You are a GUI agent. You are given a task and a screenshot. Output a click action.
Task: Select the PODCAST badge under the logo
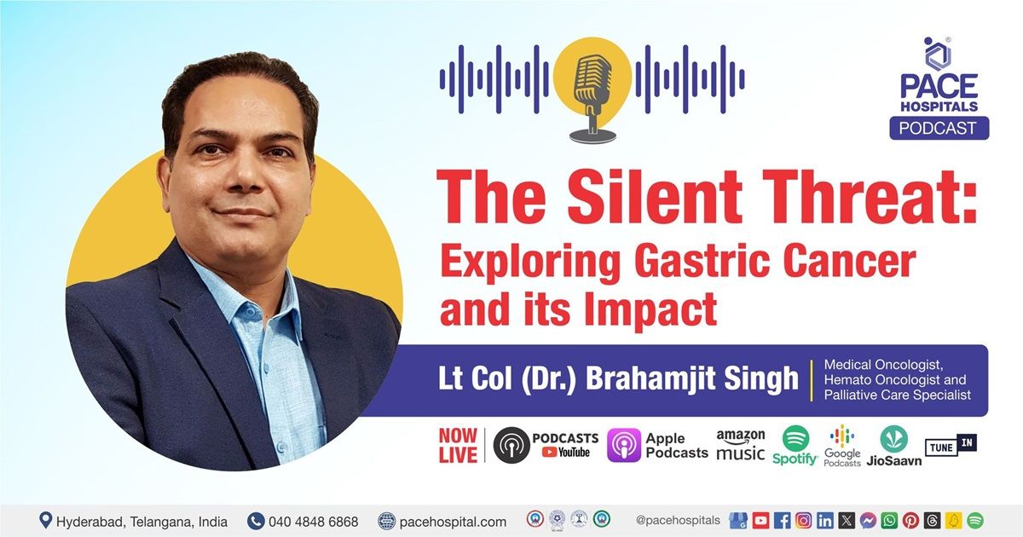pos(939,128)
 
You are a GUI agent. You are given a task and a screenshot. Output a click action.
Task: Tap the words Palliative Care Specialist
pos(897,396)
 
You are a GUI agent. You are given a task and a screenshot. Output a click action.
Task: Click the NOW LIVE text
pos(458,445)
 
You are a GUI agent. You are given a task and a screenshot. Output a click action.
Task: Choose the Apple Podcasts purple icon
pos(623,446)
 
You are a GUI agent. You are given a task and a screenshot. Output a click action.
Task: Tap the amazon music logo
pos(740,445)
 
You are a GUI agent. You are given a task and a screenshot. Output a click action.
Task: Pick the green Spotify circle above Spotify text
pos(795,438)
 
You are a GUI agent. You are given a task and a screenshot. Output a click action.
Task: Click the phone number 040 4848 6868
pos(313,521)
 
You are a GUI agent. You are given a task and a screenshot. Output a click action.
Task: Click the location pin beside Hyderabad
pos(45,520)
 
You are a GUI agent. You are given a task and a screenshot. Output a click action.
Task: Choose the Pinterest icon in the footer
pos(910,520)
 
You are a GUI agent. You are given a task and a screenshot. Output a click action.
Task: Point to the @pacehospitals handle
pos(678,520)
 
